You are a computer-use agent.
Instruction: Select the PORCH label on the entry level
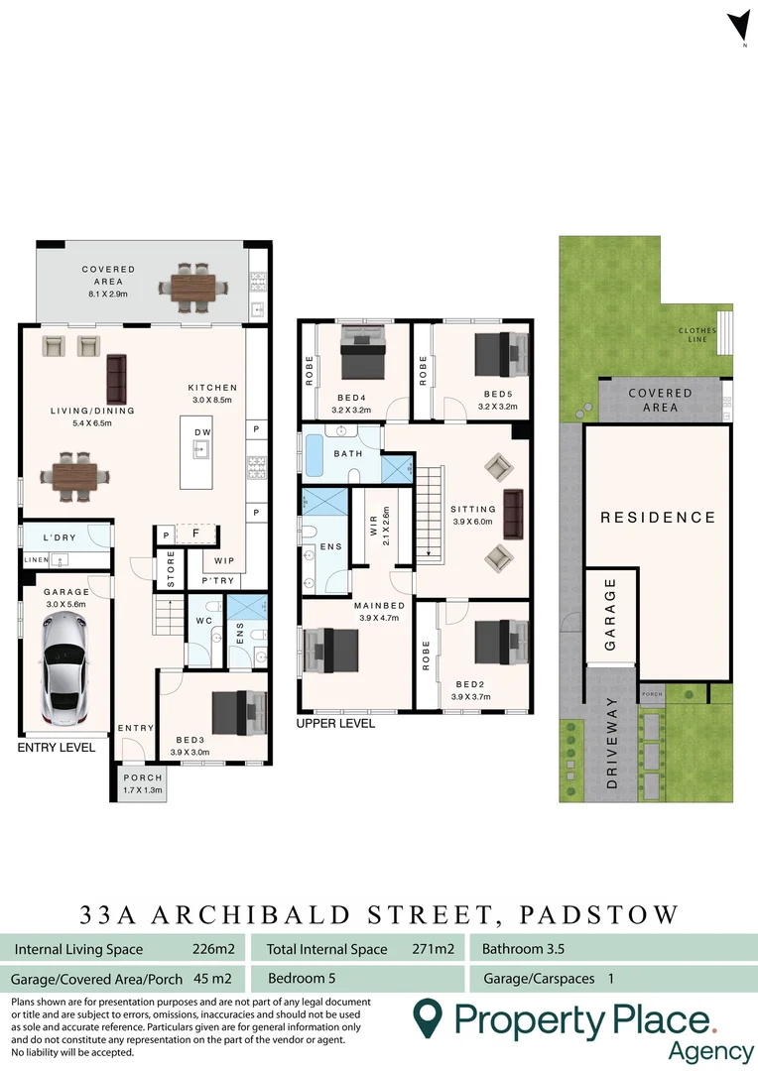click(141, 777)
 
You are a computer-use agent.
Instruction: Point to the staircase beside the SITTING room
click(429, 516)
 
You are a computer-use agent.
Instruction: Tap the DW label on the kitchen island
click(202, 432)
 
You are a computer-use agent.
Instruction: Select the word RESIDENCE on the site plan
click(657, 517)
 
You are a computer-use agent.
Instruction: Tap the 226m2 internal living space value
click(212, 949)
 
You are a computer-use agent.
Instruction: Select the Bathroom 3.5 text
click(523, 949)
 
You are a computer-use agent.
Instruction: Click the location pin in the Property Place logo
click(428, 1018)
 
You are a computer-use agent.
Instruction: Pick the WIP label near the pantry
click(224, 561)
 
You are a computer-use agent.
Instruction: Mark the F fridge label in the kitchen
click(195, 534)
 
